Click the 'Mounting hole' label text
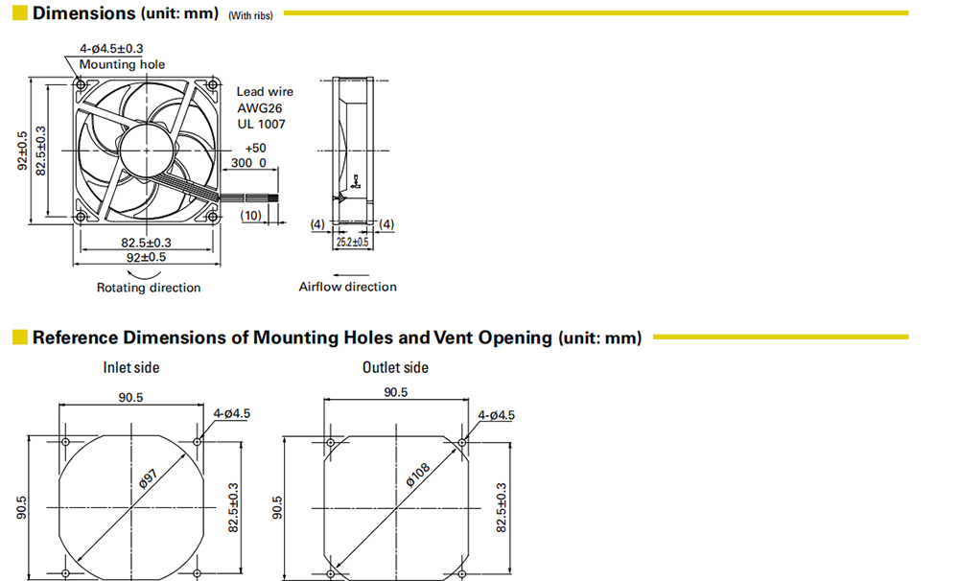click(122, 64)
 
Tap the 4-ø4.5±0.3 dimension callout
click(111, 48)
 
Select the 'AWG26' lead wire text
click(260, 108)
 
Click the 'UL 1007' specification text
click(261, 124)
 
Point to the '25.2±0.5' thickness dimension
click(352, 243)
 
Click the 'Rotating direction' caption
click(149, 288)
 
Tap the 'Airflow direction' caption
click(347, 287)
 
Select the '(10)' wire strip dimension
click(250, 216)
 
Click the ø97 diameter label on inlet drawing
click(148, 478)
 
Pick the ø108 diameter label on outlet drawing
click(418, 475)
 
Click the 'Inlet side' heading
click(130, 367)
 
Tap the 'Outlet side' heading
click(395, 367)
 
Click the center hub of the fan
click(146, 150)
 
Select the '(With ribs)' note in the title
click(250, 16)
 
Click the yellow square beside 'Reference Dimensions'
click(19, 337)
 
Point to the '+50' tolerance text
click(256, 148)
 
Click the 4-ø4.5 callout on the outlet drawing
click(496, 415)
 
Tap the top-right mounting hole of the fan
click(213, 84)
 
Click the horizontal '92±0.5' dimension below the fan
click(146, 258)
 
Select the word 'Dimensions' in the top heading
click(83, 12)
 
